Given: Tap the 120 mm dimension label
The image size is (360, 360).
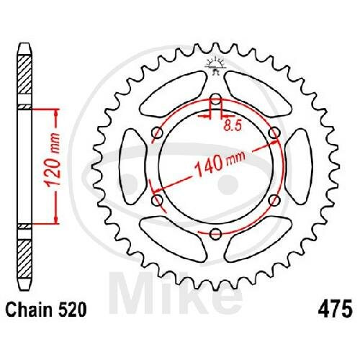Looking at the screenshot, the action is tap(53, 159).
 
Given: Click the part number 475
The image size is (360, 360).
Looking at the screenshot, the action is tap(336, 309).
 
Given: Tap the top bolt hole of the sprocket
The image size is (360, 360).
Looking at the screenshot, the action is tap(216, 99).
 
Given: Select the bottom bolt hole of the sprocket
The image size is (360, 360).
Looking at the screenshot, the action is tap(216, 234).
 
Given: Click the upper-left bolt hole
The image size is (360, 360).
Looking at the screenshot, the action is tap(158, 132).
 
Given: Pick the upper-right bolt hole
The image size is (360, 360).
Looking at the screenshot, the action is tap(274, 132).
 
